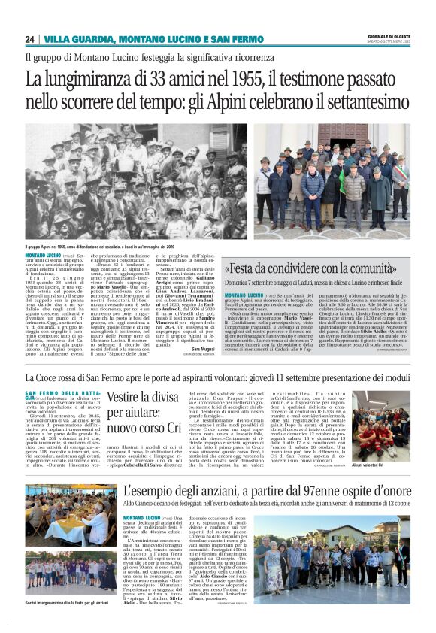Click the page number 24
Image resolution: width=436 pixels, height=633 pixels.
coord(29,39)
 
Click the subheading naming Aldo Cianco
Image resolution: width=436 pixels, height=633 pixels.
coord(265,506)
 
